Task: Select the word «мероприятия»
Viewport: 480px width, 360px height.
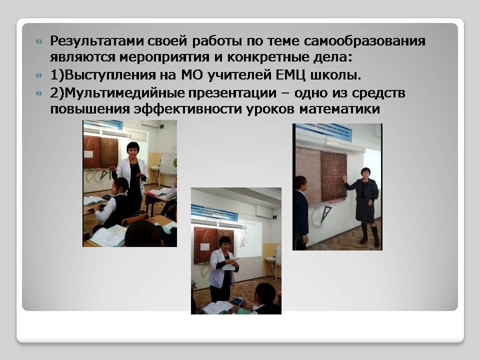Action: (x=164, y=57)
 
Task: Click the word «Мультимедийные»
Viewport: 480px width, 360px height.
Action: (x=124, y=93)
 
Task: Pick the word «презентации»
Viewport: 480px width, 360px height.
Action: (x=232, y=93)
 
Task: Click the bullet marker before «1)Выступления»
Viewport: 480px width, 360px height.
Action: (x=39, y=75)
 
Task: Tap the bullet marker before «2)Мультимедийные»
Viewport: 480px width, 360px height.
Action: (x=39, y=93)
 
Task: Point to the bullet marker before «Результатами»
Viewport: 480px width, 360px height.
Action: (x=39, y=41)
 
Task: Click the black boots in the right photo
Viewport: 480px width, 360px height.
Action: (x=370, y=234)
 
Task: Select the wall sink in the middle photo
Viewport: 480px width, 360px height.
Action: (x=270, y=259)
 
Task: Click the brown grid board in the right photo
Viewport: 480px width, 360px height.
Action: (x=333, y=176)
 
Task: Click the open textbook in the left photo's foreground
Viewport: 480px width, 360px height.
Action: (x=108, y=235)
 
